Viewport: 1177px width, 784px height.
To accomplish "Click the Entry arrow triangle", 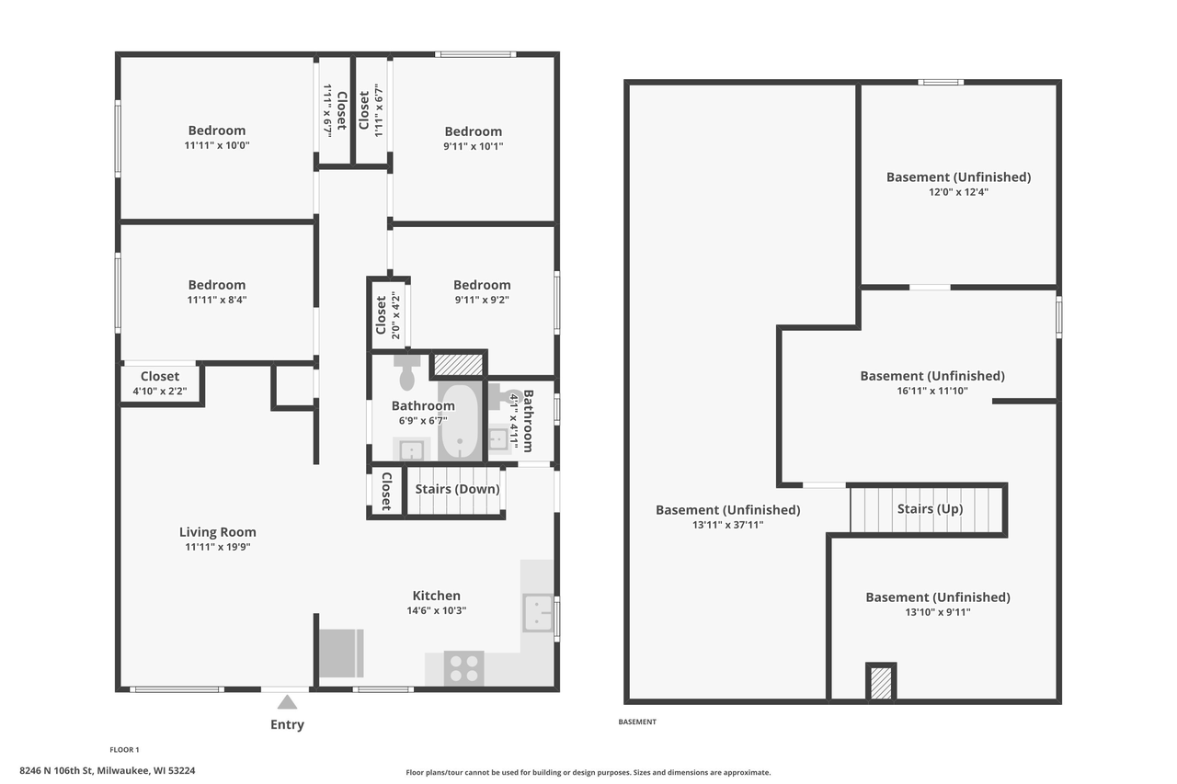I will point(288,702).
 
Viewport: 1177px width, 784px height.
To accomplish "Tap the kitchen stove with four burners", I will point(464,668).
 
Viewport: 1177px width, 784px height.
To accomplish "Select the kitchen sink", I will point(538,613).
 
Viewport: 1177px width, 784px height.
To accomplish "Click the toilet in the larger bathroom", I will point(406,373).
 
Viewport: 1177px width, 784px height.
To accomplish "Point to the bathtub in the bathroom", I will point(459,424).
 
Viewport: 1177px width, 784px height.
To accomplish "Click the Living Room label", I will point(217,532).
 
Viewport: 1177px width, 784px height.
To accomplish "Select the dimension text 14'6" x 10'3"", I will point(436,610).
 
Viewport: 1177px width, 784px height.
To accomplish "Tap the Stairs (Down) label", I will point(457,489).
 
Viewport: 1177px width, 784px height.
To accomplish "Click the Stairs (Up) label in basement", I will point(930,508).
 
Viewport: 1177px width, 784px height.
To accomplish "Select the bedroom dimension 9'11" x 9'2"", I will point(481,300).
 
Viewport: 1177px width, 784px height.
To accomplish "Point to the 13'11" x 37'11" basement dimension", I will point(727,525).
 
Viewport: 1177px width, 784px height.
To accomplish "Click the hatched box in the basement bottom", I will point(880,682).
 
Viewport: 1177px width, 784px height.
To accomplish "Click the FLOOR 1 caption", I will point(124,750).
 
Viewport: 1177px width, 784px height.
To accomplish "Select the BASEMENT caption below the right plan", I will point(637,722).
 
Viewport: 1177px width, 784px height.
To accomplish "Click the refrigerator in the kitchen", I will point(341,653).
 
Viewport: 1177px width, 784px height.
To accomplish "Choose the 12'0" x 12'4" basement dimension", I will point(958,192).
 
